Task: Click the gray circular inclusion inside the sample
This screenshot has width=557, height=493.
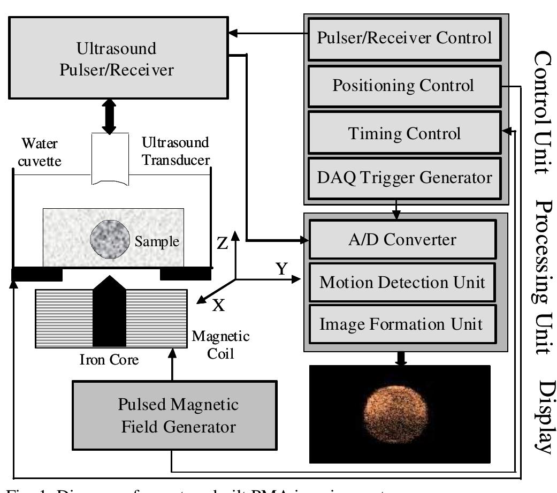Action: point(109,240)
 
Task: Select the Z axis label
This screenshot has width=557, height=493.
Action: point(223,244)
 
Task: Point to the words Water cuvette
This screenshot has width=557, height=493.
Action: point(38,153)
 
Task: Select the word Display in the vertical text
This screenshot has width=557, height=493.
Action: point(545,418)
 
